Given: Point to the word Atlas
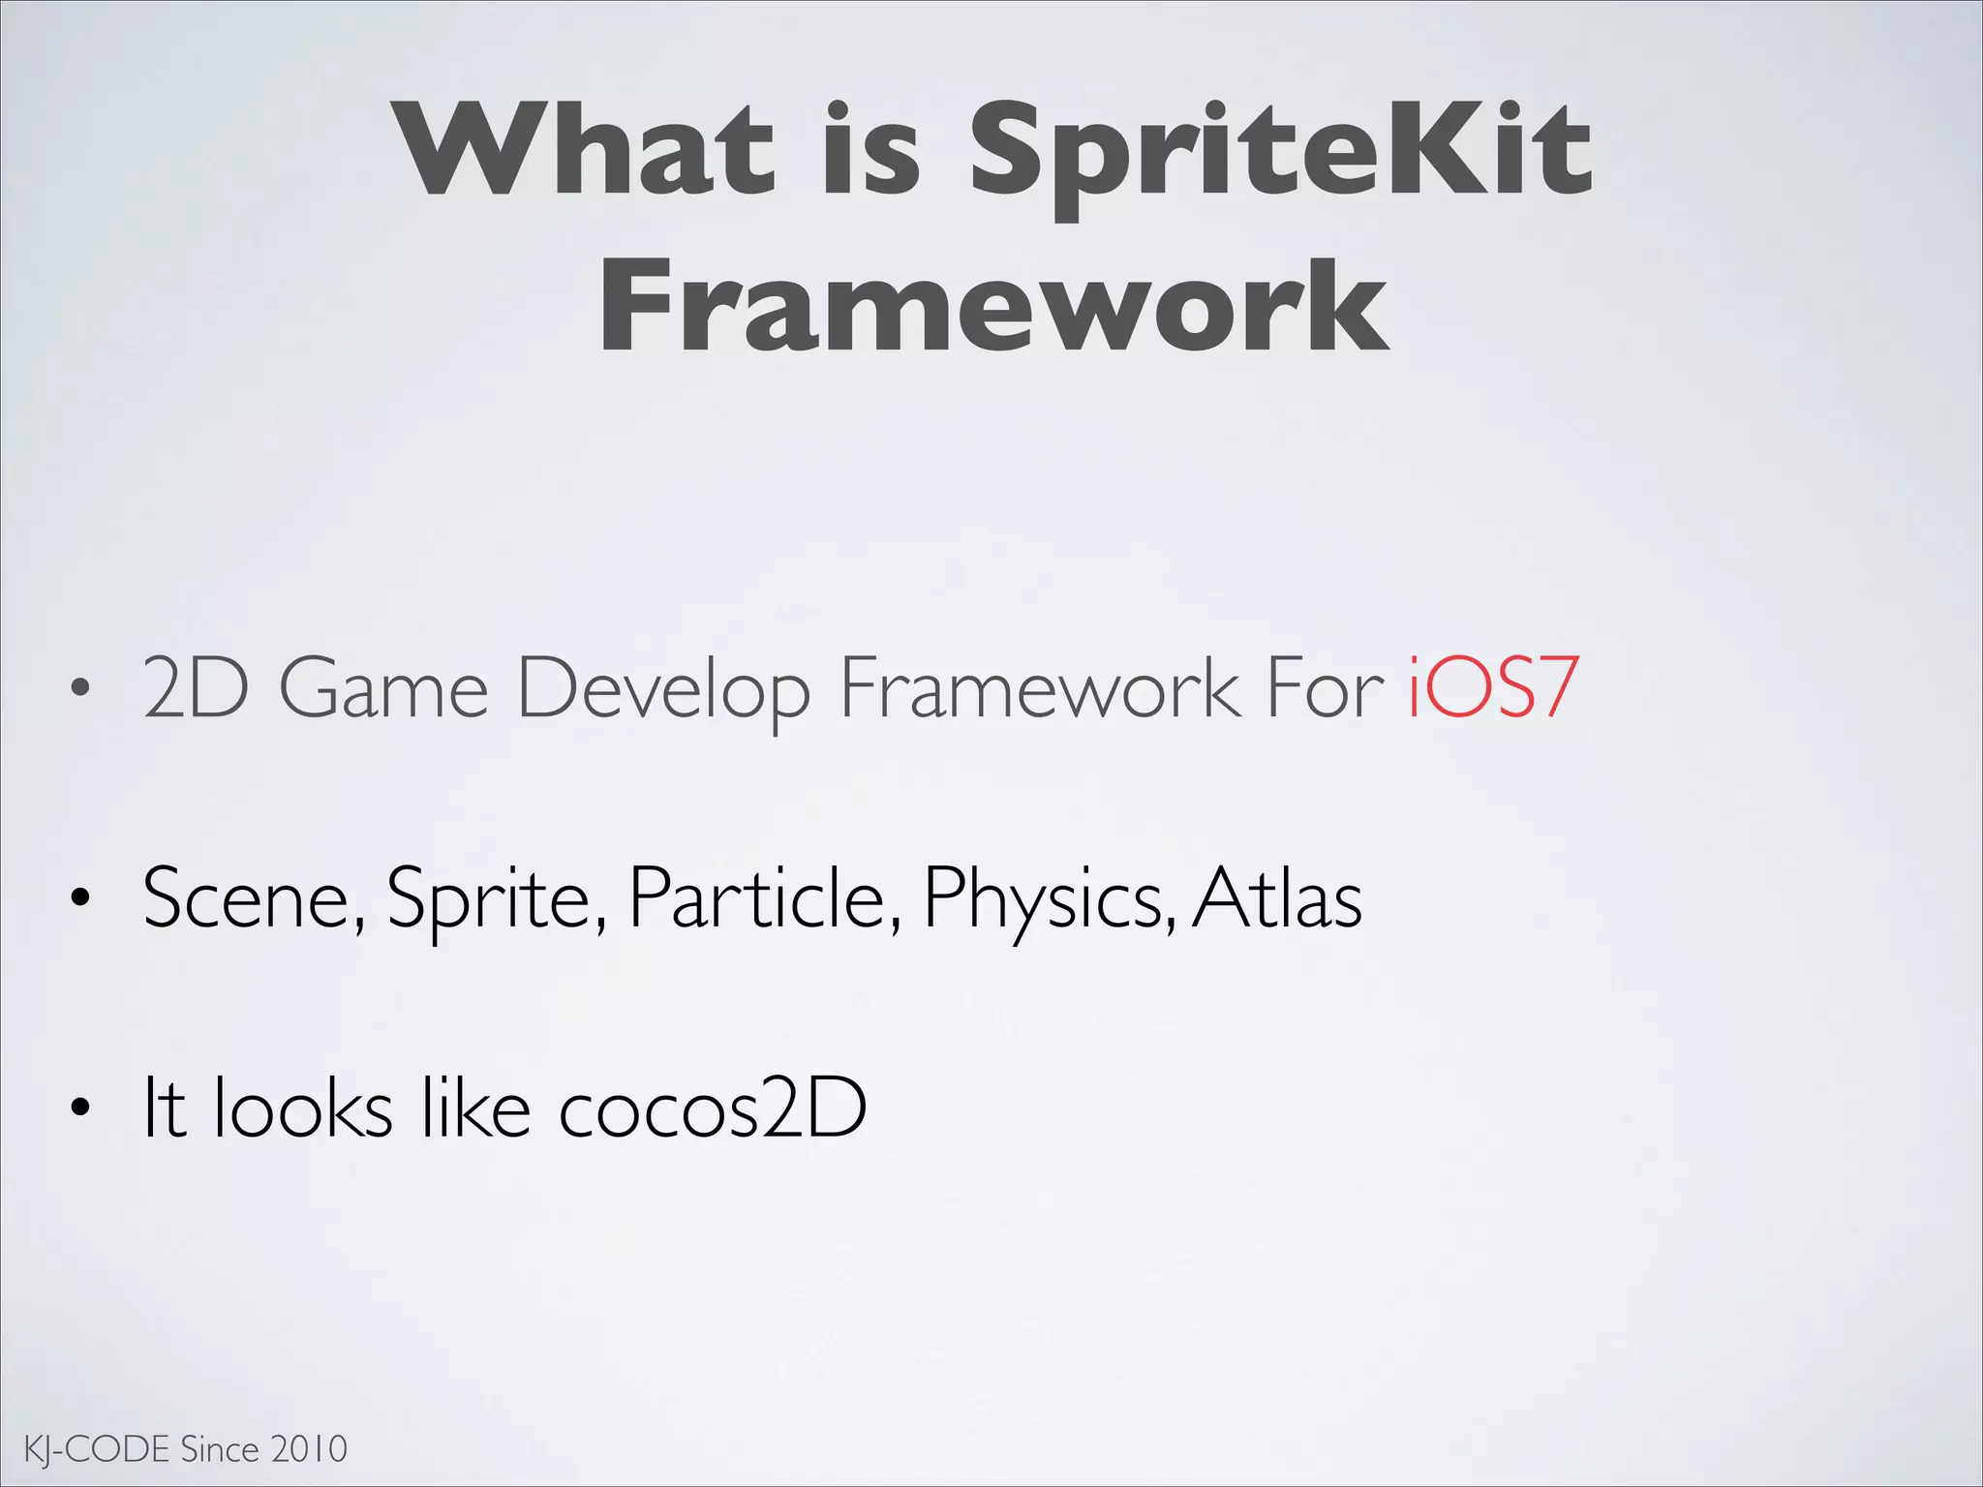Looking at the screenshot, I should pos(1277,898).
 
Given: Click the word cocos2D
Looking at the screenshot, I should pos(712,1108).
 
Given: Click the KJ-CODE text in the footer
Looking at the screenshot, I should pos(96,1449).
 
